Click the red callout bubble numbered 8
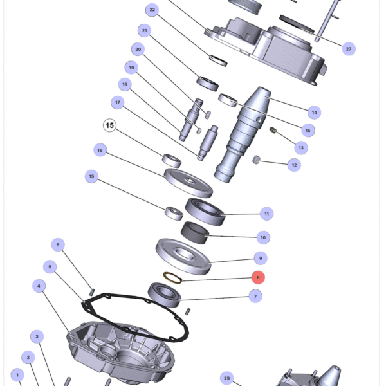(257, 278)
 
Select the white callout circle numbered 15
(109, 125)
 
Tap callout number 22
(152, 10)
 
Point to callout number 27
(349, 49)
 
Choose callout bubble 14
(314, 113)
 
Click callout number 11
(266, 214)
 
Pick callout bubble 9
(260, 259)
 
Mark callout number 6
(58, 244)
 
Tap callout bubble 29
(226, 378)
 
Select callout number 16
(100, 150)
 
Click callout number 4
(39, 286)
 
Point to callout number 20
(137, 50)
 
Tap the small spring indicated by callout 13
(273, 133)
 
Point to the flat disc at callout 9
(183, 255)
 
